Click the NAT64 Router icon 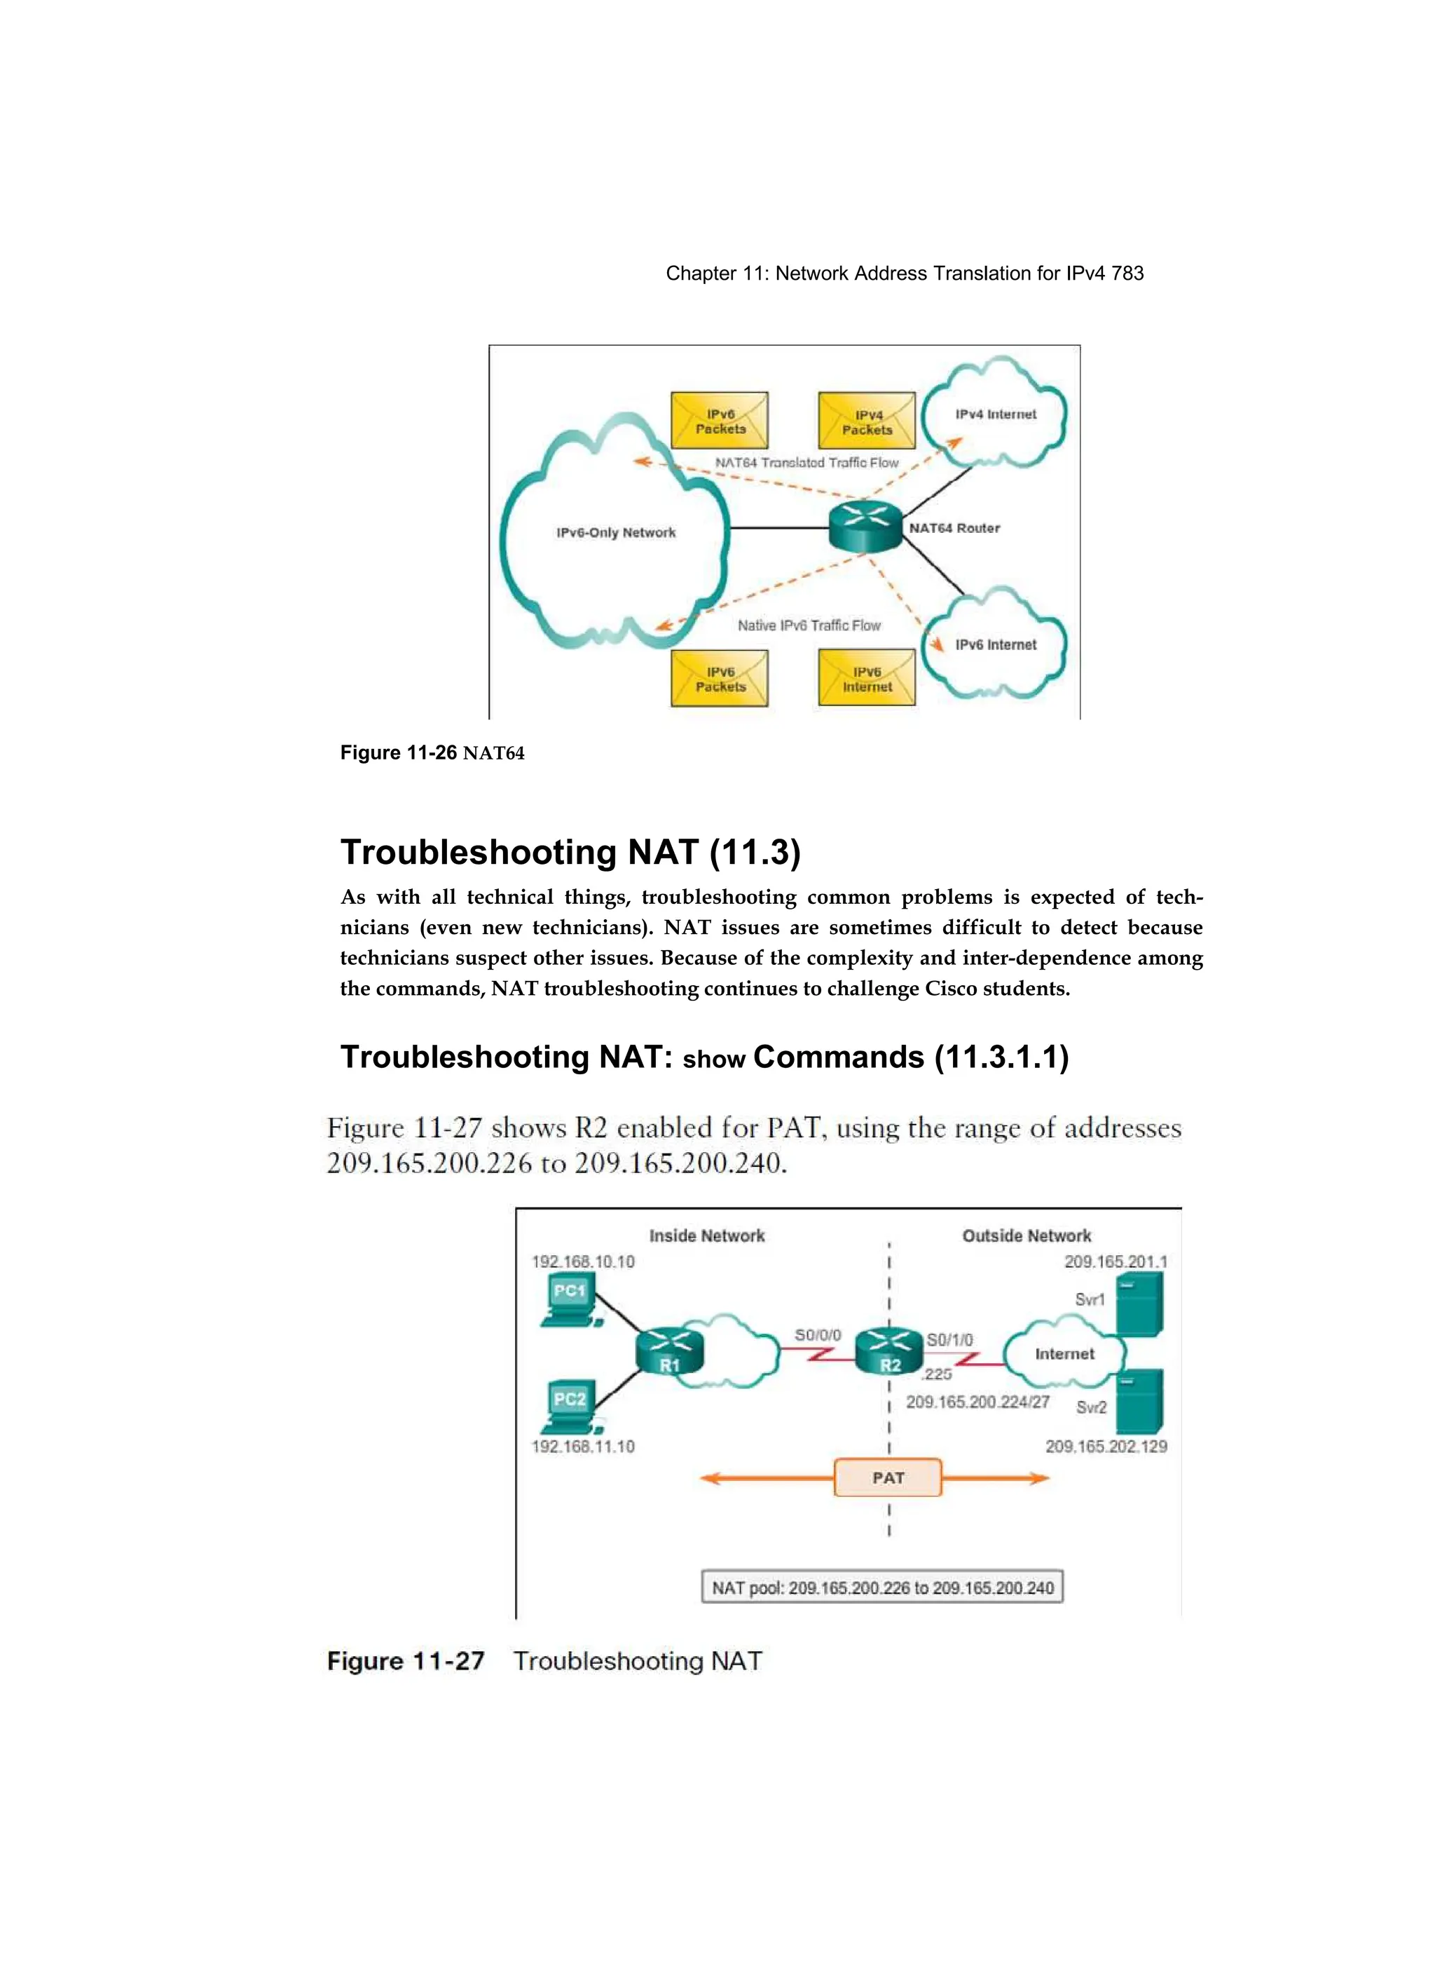pos(864,525)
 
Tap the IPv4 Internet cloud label pos(995,414)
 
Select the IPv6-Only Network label pos(616,532)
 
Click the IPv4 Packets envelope pos(867,421)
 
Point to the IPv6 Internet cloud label pos(995,644)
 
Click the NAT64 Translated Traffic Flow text pos(806,463)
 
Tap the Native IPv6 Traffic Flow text pos(809,625)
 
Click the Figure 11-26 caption pos(432,753)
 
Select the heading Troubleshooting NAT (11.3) pos(570,852)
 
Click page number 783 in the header pos(1127,273)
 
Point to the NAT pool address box pos(882,1588)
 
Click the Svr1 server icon pos(1139,1304)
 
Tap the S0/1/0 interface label pos(949,1340)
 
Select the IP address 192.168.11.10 pos(582,1447)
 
